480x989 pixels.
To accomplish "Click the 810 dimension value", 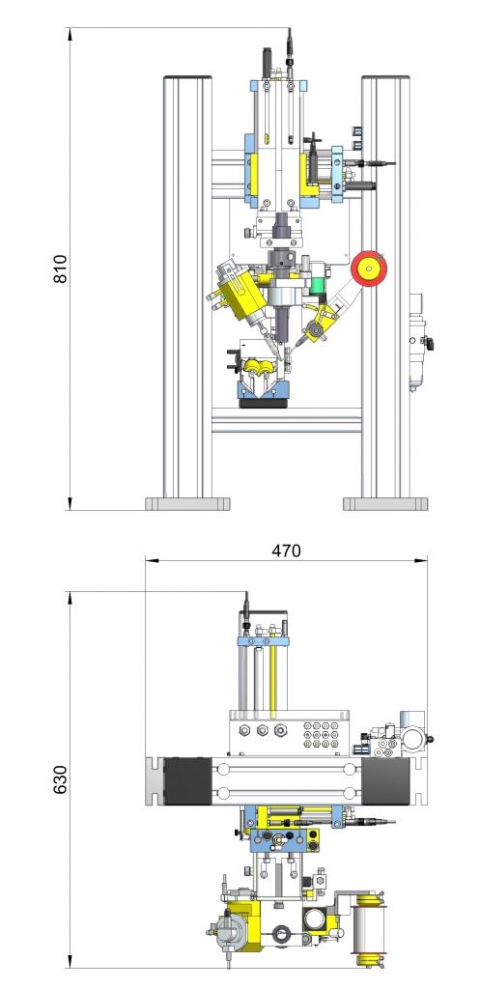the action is tap(60, 268).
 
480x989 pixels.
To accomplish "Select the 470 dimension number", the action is tap(287, 551).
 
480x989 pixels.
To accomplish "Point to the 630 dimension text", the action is tap(60, 779).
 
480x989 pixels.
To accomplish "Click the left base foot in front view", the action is tap(187, 504).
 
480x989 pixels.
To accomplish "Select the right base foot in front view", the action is tap(385, 504).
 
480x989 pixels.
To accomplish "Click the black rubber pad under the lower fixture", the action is tap(264, 403).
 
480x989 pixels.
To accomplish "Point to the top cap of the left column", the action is tap(188, 77).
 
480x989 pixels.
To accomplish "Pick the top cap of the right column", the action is tap(385, 77).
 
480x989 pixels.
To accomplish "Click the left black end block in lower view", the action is tap(187, 780).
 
